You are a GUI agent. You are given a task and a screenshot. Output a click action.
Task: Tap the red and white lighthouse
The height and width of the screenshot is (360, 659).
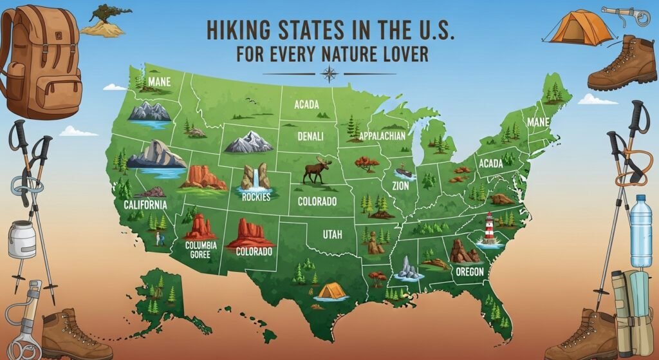[490, 228]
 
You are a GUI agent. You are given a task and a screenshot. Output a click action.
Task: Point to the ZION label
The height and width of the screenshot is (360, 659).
[400, 185]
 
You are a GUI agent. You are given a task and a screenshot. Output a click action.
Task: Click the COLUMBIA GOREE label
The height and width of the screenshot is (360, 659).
[201, 250]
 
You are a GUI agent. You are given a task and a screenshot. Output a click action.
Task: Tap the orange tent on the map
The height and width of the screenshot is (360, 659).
[331, 291]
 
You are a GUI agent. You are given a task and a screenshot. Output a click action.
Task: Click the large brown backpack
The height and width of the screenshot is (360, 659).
[42, 61]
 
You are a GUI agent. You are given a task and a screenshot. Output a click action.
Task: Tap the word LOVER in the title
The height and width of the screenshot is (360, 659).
[402, 55]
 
